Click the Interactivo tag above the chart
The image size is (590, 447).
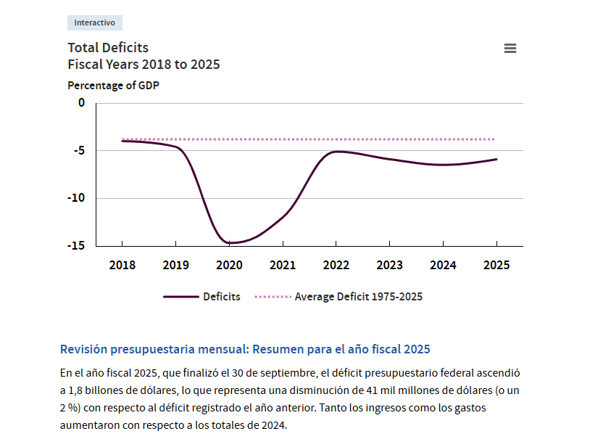coord(94,22)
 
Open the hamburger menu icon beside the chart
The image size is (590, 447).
coord(510,49)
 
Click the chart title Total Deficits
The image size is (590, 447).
coord(108,48)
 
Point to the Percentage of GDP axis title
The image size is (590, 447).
coord(113,85)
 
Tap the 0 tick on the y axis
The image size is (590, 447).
coord(81,103)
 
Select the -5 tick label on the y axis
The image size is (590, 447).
coord(79,150)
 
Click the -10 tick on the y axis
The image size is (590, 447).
coord(76,198)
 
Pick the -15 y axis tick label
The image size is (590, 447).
coord(76,245)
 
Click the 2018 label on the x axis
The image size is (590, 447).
coord(122,265)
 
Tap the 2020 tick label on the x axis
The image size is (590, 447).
coord(229,265)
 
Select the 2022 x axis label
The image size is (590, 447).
coord(336,265)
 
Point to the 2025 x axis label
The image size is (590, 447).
coord(496,265)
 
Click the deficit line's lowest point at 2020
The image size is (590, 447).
coord(230,243)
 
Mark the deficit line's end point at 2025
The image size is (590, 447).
coord(496,159)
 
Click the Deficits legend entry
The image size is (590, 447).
coord(221,297)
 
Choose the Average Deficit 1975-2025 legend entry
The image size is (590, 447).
coord(358,297)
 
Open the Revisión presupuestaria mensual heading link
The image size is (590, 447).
coord(245,349)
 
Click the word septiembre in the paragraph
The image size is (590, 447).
coord(286,373)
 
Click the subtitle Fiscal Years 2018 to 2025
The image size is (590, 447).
coord(144,65)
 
